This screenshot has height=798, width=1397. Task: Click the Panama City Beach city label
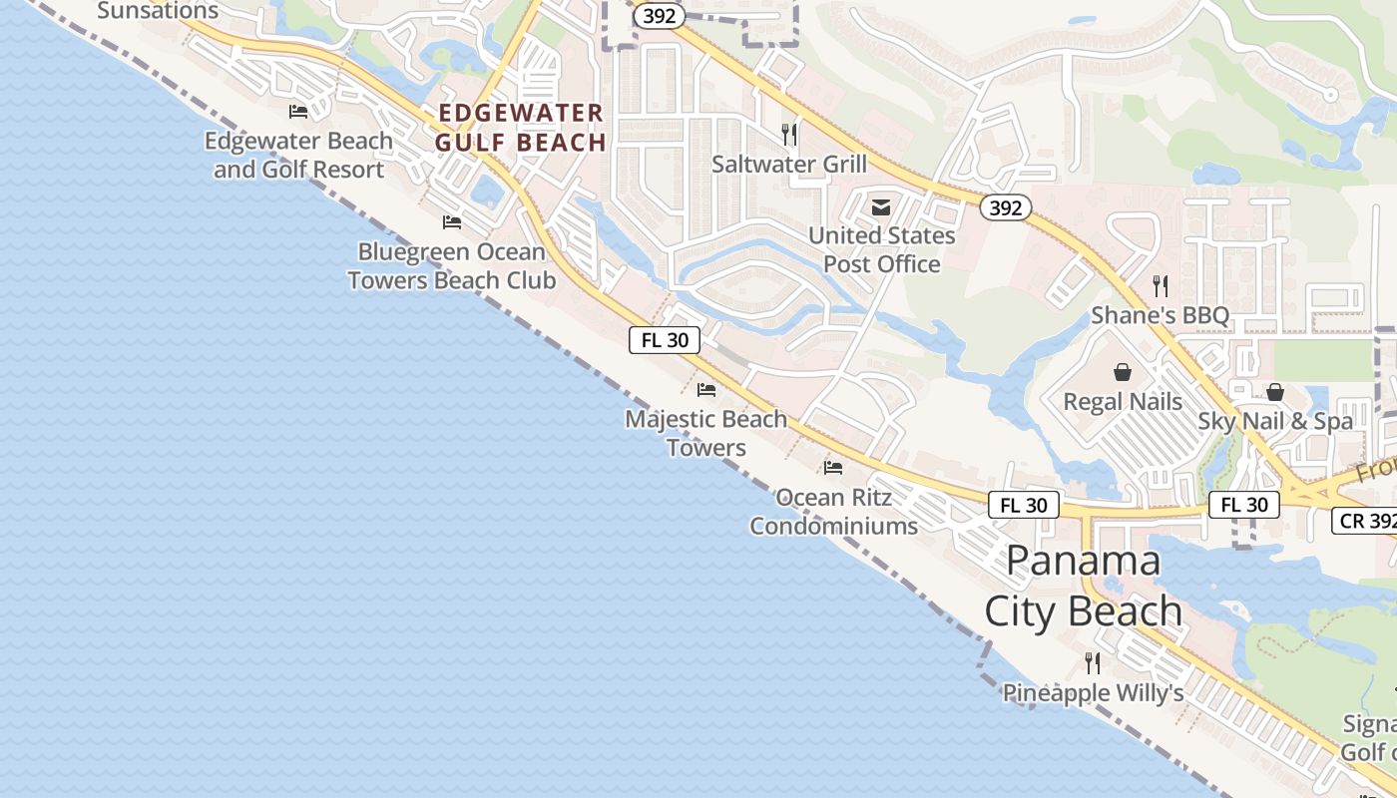[1084, 587]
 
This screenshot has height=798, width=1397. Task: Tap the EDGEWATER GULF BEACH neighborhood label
[521, 128]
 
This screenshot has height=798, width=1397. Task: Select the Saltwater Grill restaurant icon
[789, 134]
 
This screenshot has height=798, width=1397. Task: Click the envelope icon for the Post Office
[881, 207]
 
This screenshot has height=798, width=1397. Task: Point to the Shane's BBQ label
[1160, 315]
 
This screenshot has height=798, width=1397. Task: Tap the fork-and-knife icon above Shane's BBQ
[1160, 286]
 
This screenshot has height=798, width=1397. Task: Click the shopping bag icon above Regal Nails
[1123, 372]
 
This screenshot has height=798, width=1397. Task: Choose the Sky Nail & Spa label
[1275, 421]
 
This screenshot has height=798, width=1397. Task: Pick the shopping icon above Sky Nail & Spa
[1275, 392]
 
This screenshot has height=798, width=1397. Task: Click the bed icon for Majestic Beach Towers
[706, 389]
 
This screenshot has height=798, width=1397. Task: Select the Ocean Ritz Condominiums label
[833, 511]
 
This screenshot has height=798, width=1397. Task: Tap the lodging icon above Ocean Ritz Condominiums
[833, 467]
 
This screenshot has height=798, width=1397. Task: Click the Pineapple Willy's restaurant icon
[1093, 662]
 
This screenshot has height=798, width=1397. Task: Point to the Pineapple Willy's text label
[1093, 692]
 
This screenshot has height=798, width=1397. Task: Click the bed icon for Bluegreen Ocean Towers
[452, 221]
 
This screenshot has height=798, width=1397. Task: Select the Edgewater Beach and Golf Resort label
[298, 155]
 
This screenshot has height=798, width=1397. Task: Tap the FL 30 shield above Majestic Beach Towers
[665, 340]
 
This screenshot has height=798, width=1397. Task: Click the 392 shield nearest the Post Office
[1005, 207]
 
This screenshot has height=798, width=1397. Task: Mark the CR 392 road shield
[1364, 521]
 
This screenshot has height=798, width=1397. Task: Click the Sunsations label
[158, 11]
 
